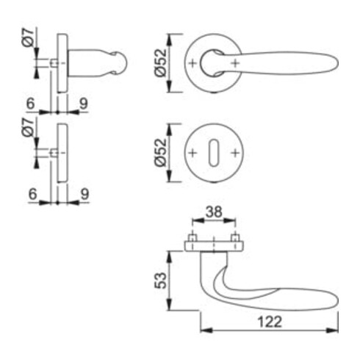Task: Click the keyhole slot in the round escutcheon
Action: coord(213,153)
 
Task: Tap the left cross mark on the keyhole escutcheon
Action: coord(193,153)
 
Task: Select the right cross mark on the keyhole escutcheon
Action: coord(234,153)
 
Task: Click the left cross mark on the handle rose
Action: coord(193,63)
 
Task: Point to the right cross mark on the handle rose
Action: coord(234,63)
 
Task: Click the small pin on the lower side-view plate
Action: coord(54,153)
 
